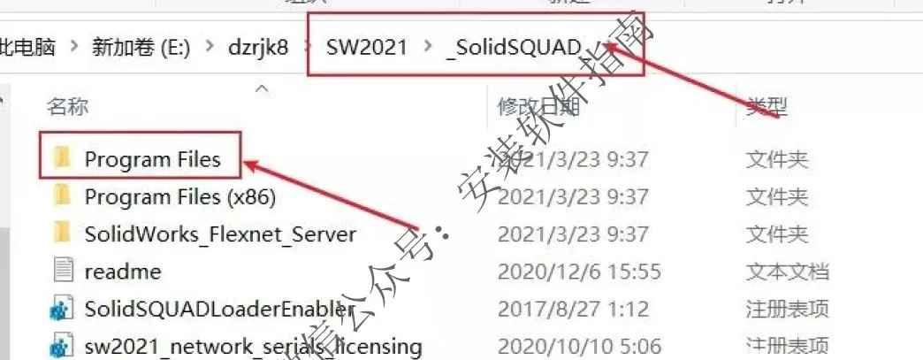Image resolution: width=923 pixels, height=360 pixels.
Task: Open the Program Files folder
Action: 151,159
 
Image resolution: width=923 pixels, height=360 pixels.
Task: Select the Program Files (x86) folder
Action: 180,196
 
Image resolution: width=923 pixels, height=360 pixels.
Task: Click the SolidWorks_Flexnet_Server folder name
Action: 220,234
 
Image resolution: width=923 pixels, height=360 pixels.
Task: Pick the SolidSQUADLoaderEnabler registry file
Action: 219,310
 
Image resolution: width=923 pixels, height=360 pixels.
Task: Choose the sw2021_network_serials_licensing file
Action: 253,346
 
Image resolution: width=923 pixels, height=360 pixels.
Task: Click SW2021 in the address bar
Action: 367,46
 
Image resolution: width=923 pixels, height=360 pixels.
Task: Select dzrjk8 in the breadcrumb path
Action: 256,46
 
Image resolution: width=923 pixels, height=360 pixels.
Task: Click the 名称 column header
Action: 67,107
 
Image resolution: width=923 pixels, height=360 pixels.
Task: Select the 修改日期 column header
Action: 538,107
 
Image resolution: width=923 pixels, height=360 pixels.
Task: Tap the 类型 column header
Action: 766,107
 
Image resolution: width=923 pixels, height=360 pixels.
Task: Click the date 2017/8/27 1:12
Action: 573,310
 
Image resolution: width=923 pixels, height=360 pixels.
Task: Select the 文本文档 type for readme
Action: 787,272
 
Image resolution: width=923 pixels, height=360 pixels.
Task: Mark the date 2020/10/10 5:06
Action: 579,346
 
